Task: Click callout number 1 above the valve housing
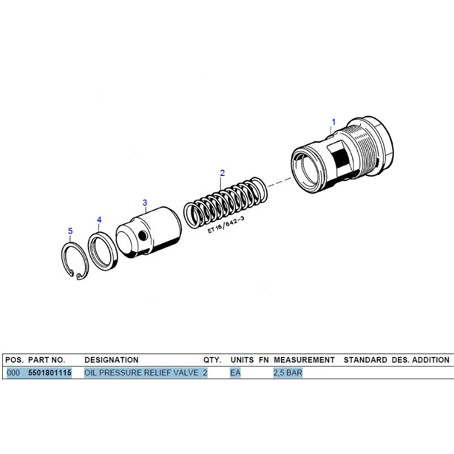334,122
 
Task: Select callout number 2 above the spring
222,173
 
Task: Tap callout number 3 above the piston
145,203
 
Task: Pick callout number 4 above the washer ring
99,220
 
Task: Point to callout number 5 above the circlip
70,231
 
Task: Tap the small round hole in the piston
142,236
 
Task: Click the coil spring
225,203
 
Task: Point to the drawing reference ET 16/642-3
226,225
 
